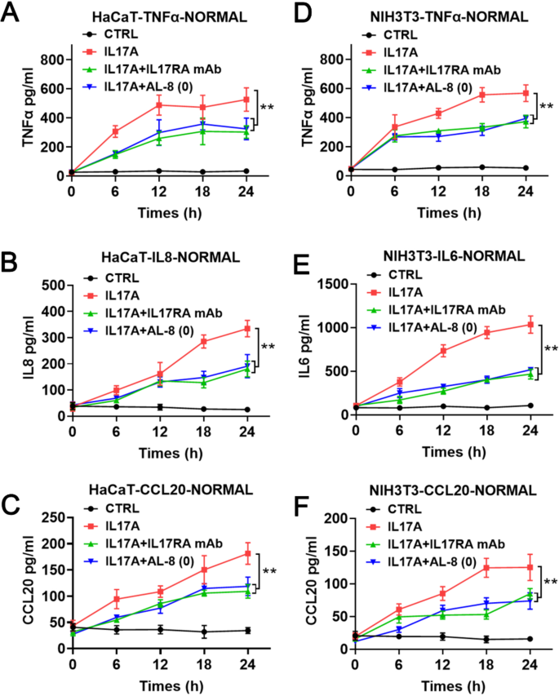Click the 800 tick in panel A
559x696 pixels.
52,60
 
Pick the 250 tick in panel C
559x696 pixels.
52,517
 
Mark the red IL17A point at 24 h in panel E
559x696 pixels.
531,325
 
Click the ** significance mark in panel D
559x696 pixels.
547,107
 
